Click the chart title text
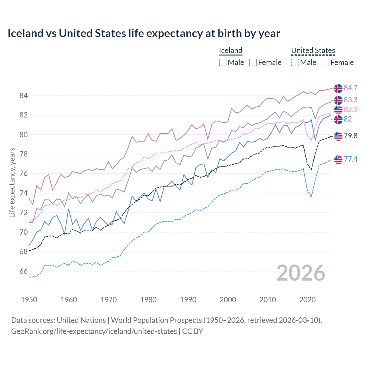pos(144,33)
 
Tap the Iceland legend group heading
pos(230,50)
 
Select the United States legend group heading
pos(313,50)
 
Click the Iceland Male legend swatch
pos(223,62)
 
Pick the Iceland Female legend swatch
pos(253,62)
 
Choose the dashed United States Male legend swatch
pos(295,62)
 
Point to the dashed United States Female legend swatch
pos(325,62)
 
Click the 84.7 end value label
pos(350,88)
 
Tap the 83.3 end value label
pos(350,100)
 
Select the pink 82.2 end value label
pos(350,110)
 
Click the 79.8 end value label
pos(350,136)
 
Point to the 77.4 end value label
pos(350,159)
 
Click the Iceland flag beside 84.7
pos(338,88)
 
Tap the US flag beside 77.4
pos(338,160)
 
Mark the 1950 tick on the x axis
pos(29,300)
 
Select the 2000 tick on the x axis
pos(228,300)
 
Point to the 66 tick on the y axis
pos(23,271)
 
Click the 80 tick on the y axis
pos(23,135)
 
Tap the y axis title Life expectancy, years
pos(12,182)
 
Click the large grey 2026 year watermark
pos(301,273)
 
